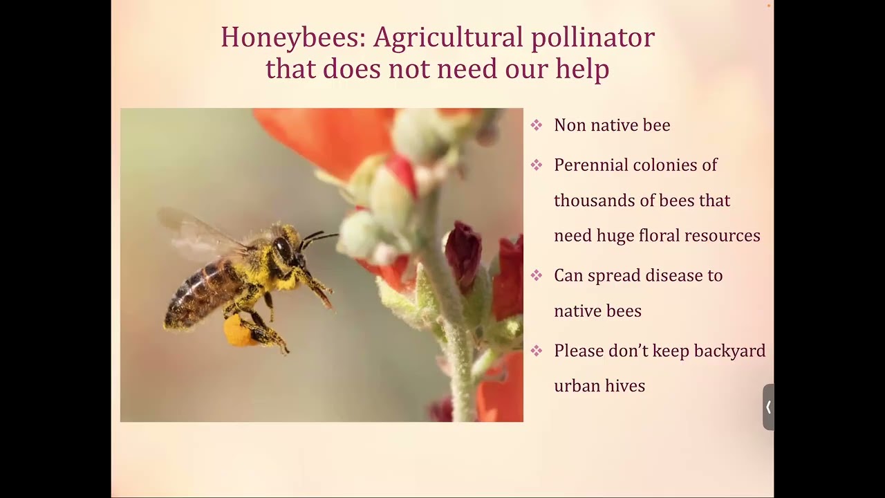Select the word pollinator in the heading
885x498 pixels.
[593, 37]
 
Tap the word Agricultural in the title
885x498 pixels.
[448, 37]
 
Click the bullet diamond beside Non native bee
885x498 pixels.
[537, 125]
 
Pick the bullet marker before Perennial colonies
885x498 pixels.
[537, 165]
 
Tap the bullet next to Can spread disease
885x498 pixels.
[537, 275]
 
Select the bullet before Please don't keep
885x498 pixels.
[537, 351]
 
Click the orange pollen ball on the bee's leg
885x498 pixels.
[238, 331]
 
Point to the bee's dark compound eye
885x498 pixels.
[283, 248]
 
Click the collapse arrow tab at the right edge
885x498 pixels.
[768, 407]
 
